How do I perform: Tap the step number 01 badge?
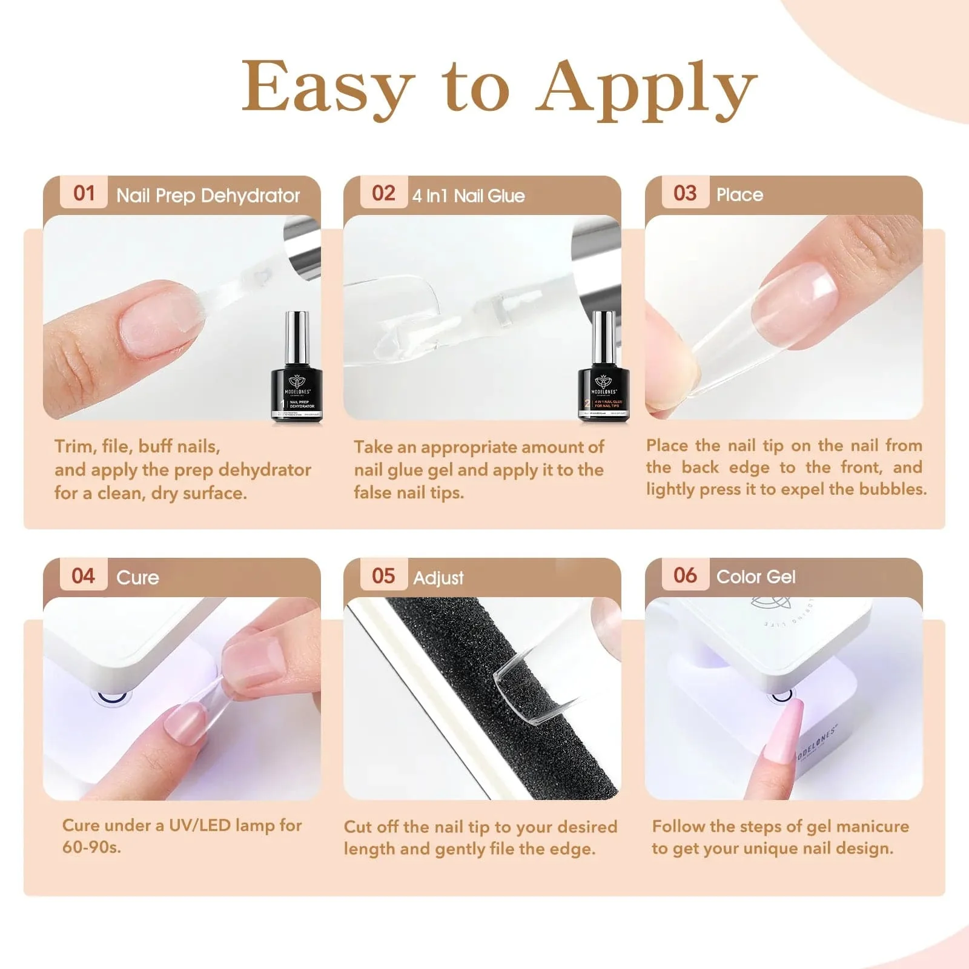84,193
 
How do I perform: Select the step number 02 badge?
384,193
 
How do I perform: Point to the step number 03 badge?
685,193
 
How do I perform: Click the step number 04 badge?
84,575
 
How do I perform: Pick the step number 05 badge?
384,575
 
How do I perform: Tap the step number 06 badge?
685,575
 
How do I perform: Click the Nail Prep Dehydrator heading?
208,196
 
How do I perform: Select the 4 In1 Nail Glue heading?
468,196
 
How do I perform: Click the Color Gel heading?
755,577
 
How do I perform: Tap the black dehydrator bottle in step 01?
297,372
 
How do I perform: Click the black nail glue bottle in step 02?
603,372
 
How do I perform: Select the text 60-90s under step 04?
91,847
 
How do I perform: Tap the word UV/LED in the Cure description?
199,825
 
